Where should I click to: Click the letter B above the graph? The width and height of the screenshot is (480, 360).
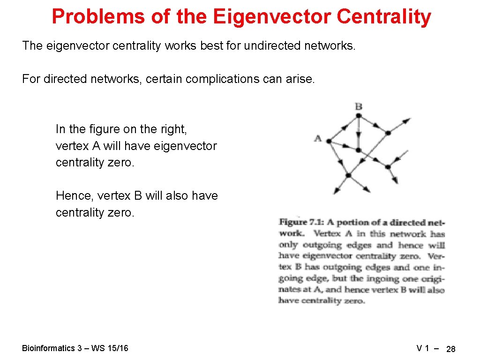pyautogui.click(x=359, y=107)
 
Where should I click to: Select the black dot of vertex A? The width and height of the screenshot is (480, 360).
pyautogui.click(x=329, y=141)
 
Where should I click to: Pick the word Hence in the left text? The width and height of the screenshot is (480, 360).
pyautogui.click(x=73, y=195)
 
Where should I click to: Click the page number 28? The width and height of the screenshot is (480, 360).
pyautogui.click(x=451, y=349)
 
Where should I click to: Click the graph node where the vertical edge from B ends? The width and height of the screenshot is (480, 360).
pyautogui.click(x=358, y=150)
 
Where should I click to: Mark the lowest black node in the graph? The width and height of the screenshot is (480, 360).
pyautogui.click(x=348, y=175)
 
